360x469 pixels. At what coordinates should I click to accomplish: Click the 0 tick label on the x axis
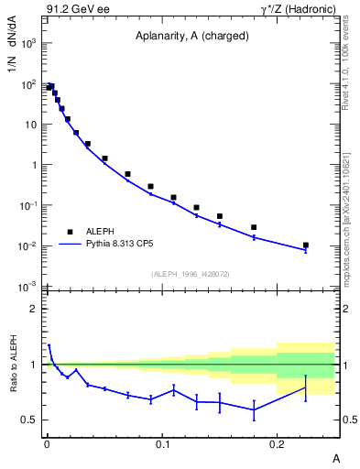click(x=47, y=444)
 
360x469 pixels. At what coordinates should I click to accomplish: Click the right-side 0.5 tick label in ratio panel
click(x=346, y=420)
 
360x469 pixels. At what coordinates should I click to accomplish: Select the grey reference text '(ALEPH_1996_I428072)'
click(x=190, y=273)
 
